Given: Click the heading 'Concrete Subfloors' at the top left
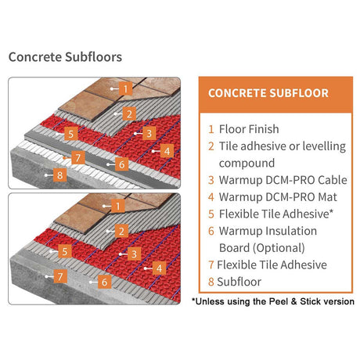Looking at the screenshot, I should coord(65,57).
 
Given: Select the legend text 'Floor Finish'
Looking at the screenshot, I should coord(248,129).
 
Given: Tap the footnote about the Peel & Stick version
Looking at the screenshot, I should coord(272,301).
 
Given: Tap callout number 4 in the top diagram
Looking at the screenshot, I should coord(165,150).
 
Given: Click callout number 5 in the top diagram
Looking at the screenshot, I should coord(70,134).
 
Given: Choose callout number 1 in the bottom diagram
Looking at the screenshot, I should coord(117,206).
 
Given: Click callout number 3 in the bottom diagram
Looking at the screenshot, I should coord(135,253).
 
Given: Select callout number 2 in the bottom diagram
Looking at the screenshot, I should coord(121,230).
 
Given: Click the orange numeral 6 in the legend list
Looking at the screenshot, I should coord(211,231).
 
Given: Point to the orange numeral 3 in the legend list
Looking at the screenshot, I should coord(211,181).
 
